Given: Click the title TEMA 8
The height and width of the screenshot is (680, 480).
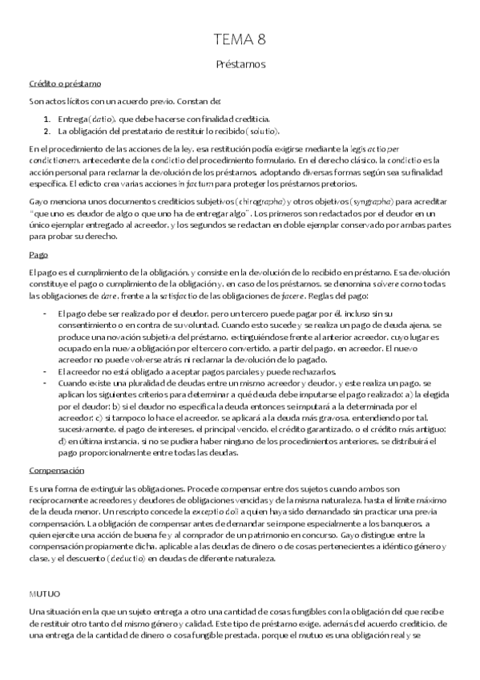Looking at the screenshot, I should [240, 39].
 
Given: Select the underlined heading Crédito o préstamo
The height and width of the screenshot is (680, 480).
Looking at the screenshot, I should [64, 83].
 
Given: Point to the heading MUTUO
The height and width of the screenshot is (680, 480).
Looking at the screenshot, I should [44, 596].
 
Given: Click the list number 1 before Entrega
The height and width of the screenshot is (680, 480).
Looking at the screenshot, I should [47, 118].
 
